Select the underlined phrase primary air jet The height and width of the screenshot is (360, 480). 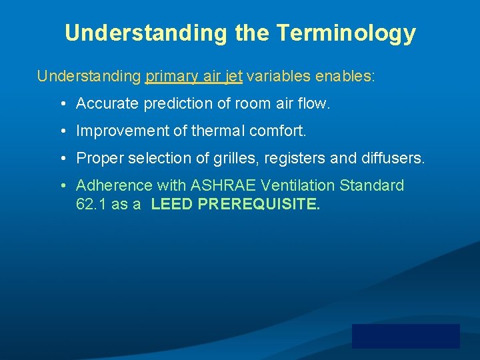(193, 76)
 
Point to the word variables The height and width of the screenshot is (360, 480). (279, 76)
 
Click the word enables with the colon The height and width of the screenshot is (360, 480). (345, 76)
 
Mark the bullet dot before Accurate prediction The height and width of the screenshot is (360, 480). (61, 105)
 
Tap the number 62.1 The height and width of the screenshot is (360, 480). (91, 205)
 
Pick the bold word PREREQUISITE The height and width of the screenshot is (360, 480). (259, 205)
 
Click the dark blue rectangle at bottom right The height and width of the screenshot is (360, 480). (405, 336)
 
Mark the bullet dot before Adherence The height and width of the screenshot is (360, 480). (61, 186)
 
